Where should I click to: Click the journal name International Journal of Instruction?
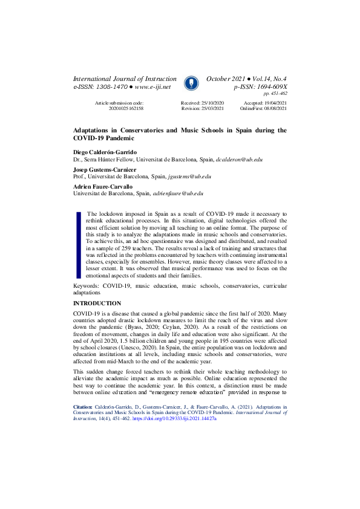(125, 79)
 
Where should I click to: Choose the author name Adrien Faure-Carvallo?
(103, 187)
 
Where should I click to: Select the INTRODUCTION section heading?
(97, 303)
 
